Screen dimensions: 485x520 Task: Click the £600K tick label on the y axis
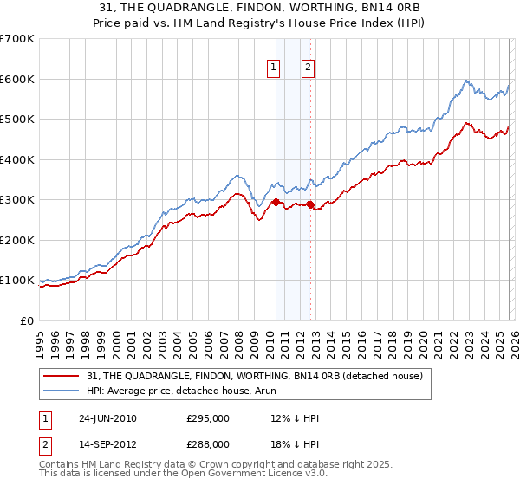click(17, 79)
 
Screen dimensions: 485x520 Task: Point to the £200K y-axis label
click(17, 240)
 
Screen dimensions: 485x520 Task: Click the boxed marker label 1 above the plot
click(275, 67)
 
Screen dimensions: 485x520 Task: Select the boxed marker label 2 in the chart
click(308, 67)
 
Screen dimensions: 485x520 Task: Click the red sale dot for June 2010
click(276, 202)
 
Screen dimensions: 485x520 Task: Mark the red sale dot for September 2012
click(310, 204)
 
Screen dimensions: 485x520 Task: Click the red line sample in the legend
click(61, 376)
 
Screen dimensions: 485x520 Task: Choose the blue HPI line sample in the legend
click(61, 392)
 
